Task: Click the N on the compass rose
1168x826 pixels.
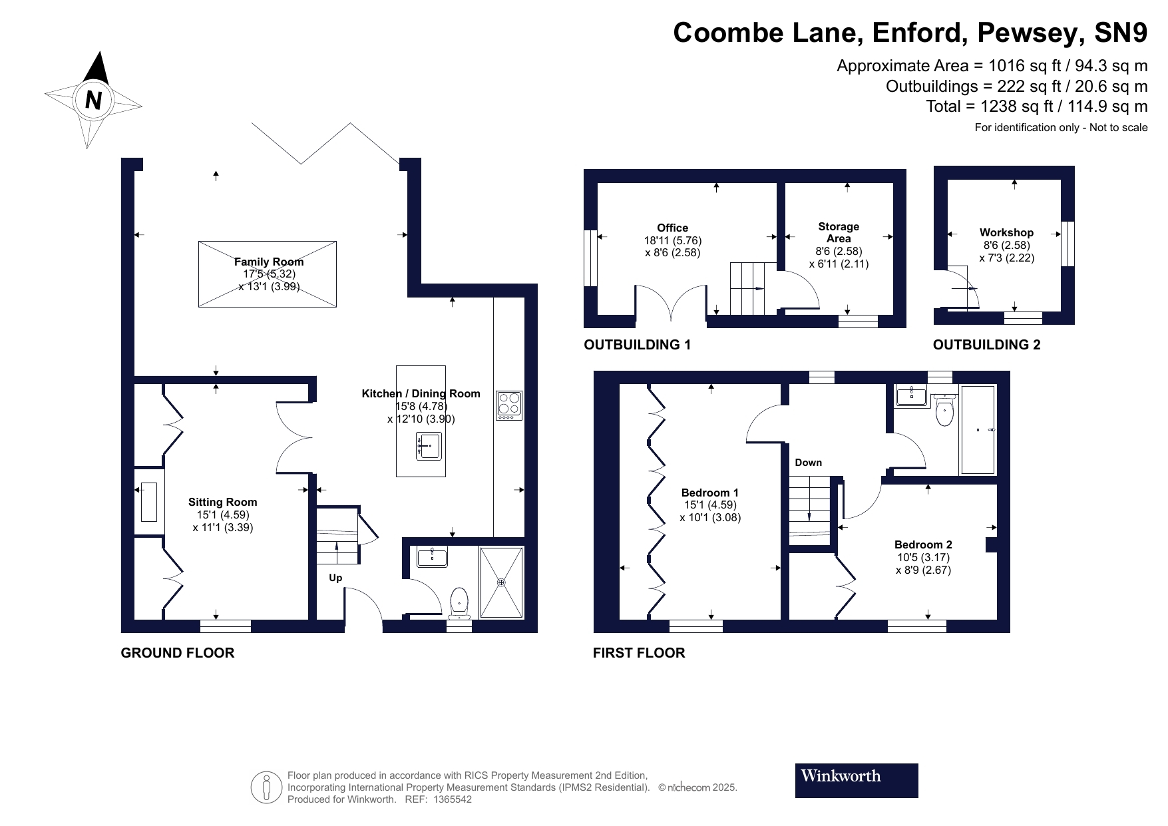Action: click(94, 100)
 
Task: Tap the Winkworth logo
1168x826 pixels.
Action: click(857, 780)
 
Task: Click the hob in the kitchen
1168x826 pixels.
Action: click(509, 405)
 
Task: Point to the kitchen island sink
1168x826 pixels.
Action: click(429, 445)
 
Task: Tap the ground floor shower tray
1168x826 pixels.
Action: click(501, 582)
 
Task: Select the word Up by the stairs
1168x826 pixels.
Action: click(335, 578)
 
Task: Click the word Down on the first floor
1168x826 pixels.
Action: click(809, 463)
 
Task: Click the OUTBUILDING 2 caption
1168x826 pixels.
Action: click(986, 345)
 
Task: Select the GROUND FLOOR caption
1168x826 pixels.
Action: click(178, 653)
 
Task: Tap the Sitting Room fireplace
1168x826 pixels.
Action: click(149, 503)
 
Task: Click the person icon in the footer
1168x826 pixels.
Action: click(266, 787)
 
